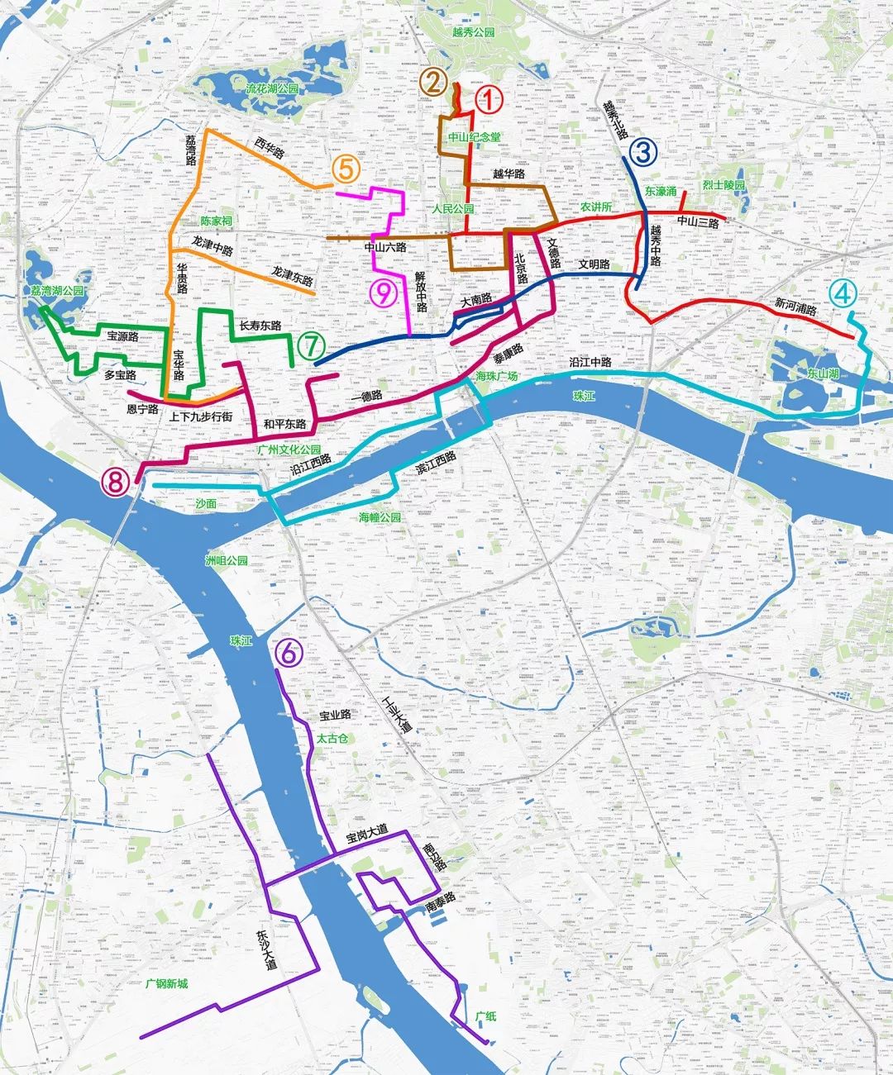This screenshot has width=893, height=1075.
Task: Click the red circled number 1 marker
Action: click(x=488, y=102)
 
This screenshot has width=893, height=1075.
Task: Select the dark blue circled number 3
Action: click(x=643, y=151)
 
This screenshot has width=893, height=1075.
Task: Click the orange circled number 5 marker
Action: click(x=346, y=170)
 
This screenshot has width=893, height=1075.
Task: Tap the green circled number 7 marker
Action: click(x=308, y=347)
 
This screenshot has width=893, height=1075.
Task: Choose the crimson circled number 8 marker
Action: click(x=117, y=481)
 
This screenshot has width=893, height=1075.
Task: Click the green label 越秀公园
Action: click(x=473, y=32)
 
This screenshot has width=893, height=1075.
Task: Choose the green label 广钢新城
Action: click(x=166, y=984)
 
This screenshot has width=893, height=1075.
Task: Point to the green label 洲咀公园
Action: click(x=226, y=560)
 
